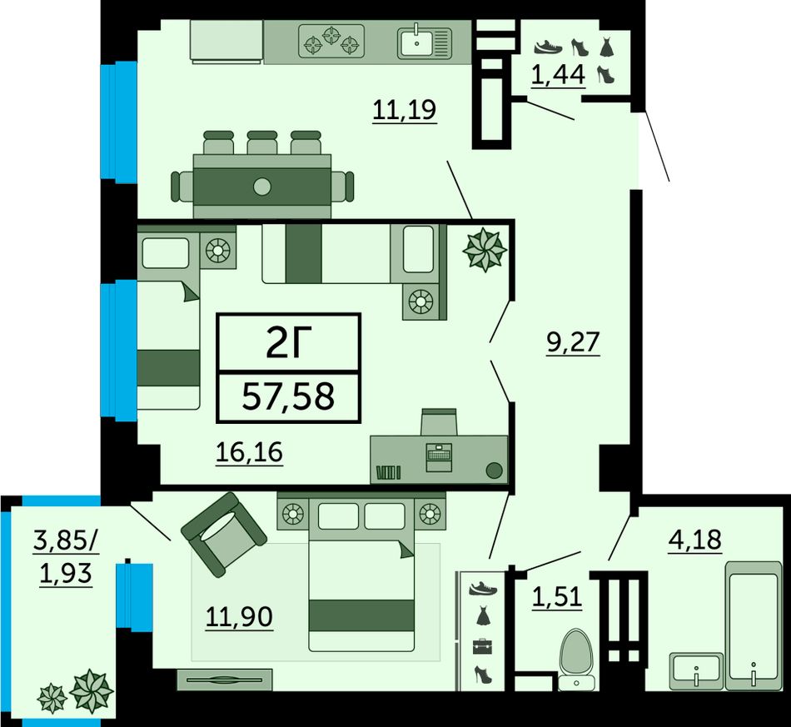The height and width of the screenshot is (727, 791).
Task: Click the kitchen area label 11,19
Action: click(405, 109)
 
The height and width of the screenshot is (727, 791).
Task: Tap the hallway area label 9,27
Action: click(573, 342)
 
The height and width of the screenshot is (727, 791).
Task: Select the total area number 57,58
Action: click(288, 396)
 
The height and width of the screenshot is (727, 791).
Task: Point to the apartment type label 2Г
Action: click(289, 342)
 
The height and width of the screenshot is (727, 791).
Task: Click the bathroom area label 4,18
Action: click(694, 540)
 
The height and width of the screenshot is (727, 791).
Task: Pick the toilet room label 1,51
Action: click(557, 597)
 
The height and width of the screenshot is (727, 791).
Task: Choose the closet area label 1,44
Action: click(558, 75)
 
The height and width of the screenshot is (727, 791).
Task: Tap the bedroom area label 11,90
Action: click(239, 617)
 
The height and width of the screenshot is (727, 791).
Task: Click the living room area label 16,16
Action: click(249, 452)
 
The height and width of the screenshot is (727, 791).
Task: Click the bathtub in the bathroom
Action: click(754, 625)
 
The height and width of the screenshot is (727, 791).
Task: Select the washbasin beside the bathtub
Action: click(695, 670)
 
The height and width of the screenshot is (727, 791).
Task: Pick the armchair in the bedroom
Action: click(223, 535)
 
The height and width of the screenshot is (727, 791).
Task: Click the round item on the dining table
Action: click(261, 187)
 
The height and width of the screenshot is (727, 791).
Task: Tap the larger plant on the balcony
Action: click(92, 690)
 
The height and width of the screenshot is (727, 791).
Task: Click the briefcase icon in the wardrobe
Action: click(482, 646)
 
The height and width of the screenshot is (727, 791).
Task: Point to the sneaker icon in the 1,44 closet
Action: click(548, 47)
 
